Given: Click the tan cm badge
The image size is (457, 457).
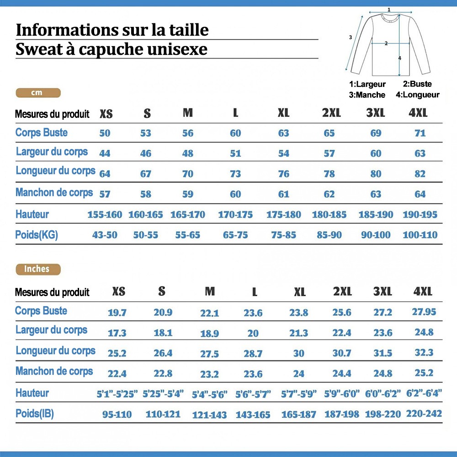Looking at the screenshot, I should (37, 93).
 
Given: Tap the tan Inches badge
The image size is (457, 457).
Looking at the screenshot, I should (37, 269).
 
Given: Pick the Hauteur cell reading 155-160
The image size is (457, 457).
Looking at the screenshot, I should (105, 214).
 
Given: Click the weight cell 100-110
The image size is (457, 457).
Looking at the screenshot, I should (420, 235).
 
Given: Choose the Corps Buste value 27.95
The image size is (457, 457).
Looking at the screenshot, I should (424, 312).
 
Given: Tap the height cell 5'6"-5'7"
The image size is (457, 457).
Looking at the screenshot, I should (253, 394).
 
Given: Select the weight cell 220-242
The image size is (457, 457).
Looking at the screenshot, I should (424, 414).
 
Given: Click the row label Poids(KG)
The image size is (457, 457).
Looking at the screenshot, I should (37, 235).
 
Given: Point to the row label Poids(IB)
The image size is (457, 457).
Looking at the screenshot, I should (35, 414).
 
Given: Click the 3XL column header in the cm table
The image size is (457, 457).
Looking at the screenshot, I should (376, 113).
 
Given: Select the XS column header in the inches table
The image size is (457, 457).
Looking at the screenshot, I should (118, 292).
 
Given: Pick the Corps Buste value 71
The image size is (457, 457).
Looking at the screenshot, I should (420, 133).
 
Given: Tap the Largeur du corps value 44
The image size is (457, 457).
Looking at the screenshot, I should (105, 154).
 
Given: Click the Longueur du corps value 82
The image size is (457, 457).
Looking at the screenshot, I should (420, 174).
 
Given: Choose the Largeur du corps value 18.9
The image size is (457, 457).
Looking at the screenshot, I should (209, 334).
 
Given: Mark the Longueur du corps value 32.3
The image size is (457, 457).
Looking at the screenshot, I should (424, 353).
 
